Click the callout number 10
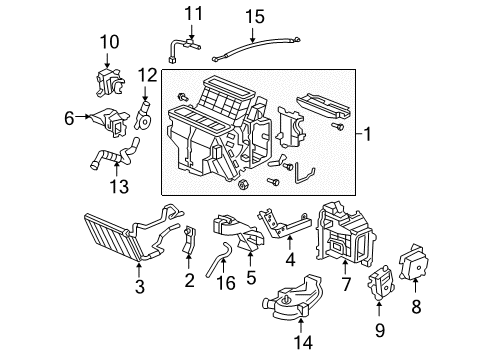point(109,42)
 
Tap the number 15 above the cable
point(255,17)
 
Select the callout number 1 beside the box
point(367,134)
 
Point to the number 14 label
point(303,342)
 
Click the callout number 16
point(226,283)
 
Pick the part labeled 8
point(414,262)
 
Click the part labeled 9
point(380,283)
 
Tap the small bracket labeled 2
point(189,240)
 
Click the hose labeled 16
point(218,257)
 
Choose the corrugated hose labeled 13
point(115,155)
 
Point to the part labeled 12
point(143,117)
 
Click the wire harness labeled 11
point(182,50)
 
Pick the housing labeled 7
point(346,234)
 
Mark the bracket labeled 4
point(284,224)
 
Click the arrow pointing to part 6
point(83,116)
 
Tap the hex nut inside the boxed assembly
point(243,184)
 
